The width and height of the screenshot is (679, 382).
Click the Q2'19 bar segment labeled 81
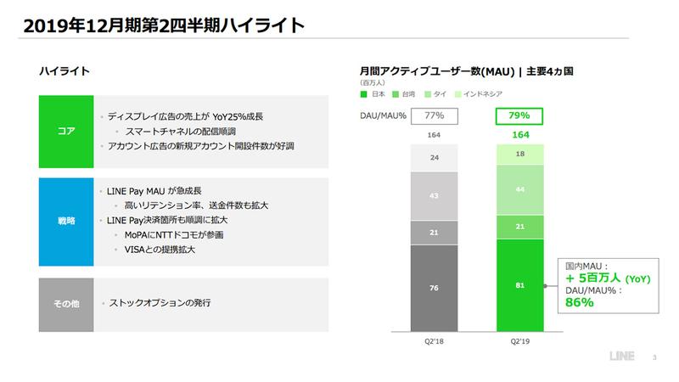point(519,285)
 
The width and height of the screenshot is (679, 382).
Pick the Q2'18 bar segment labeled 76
point(435,287)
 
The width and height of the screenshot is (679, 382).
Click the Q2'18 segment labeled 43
point(435,195)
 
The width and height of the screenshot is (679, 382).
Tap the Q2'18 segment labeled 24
point(435,157)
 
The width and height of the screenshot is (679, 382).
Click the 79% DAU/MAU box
point(519,115)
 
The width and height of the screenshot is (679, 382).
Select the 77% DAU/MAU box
point(435,115)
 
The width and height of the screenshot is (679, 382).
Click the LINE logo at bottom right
point(626,357)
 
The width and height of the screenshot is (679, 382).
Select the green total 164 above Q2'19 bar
point(519,134)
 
